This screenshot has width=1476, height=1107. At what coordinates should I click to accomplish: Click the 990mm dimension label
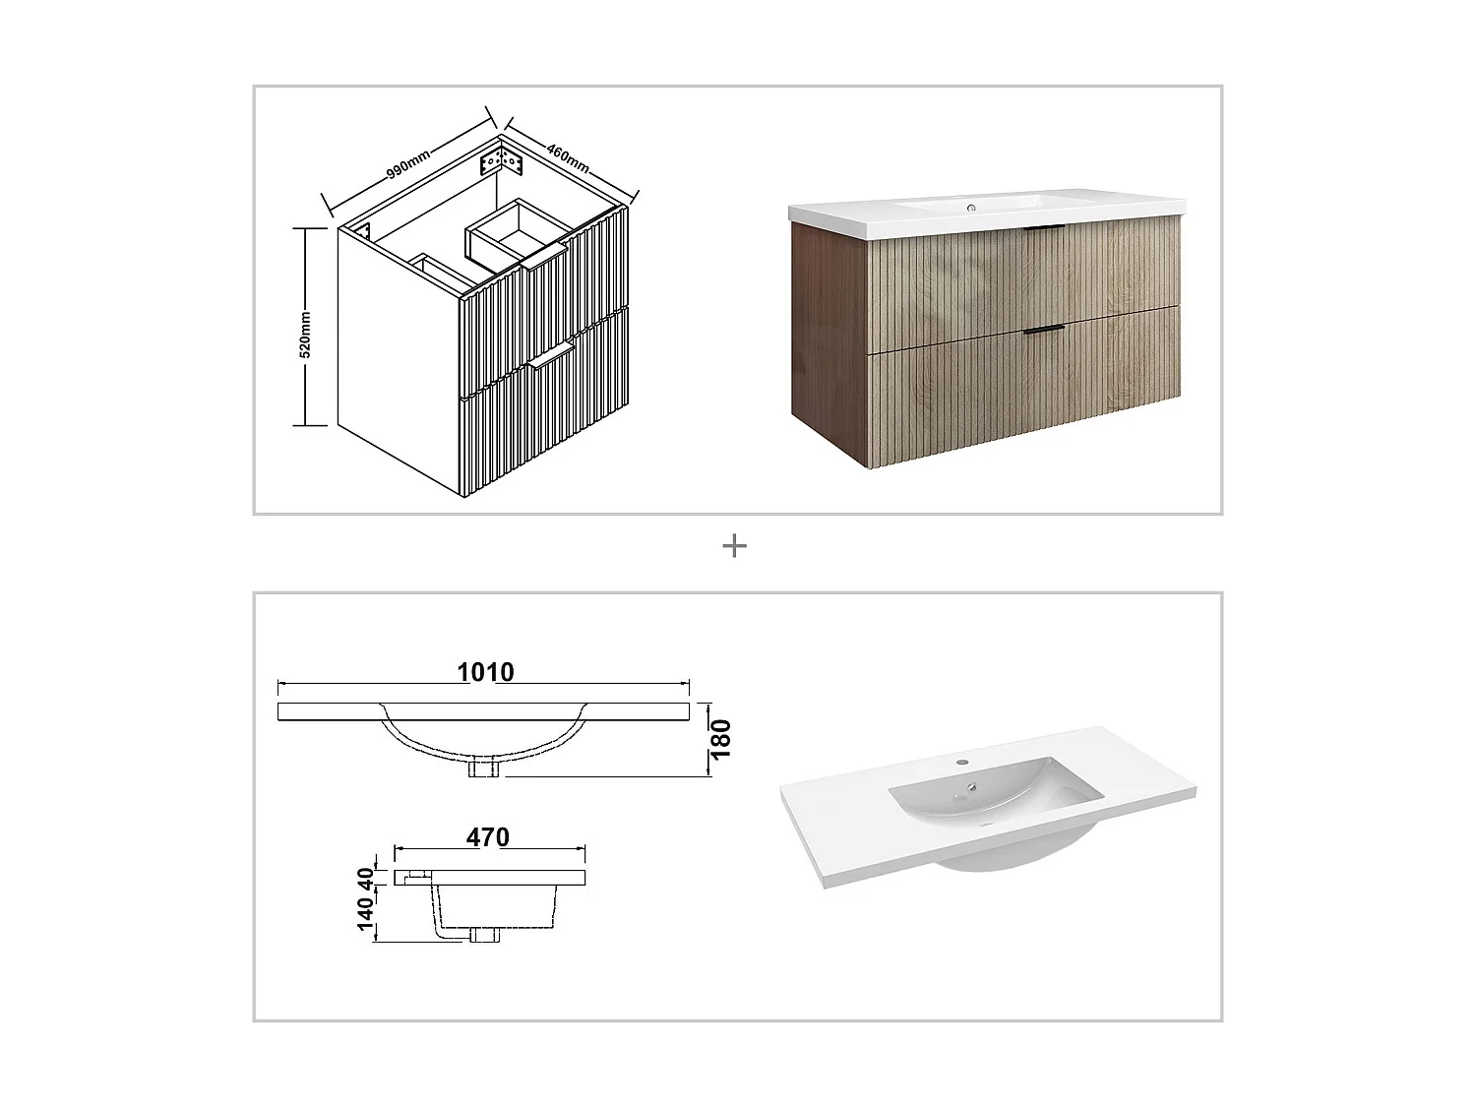coord(407,160)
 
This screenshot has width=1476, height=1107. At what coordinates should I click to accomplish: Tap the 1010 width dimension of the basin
coord(485,672)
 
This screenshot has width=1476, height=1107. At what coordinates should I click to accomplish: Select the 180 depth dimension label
coord(721,739)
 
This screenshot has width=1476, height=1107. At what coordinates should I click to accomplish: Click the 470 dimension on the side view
coord(488,837)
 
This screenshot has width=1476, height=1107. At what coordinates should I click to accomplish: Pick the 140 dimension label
coord(366,913)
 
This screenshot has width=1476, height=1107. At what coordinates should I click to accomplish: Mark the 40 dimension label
coord(366,876)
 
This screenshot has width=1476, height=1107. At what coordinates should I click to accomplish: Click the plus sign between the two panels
coord(734,546)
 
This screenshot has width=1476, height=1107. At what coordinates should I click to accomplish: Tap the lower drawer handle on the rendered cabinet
coord(1043,328)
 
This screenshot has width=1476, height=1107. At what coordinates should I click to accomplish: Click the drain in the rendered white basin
coord(971,787)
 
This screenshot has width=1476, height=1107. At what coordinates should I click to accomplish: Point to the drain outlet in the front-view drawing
coord(484,769)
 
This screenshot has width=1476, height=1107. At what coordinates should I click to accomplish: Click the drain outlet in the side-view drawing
coord(484,936)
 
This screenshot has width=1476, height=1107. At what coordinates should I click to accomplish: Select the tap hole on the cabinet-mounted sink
coord(971,208)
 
